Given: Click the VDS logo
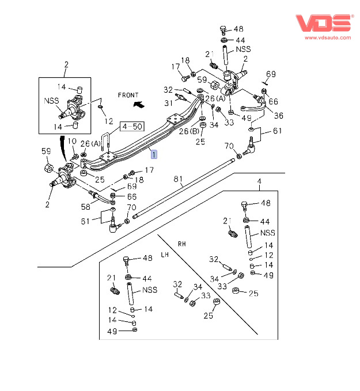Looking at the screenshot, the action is coord(324,23).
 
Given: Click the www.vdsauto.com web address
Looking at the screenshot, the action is coord(328,37).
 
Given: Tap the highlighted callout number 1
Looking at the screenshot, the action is coord(154,154).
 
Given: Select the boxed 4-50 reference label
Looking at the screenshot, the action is coord(132,127).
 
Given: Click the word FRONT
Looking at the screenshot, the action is coord(128,95).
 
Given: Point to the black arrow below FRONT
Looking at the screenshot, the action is coord(139,104).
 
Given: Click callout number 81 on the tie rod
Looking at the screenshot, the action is coord(178,179).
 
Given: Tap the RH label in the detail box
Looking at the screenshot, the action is coord(182,244).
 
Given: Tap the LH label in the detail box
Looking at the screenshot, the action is coord(165,255).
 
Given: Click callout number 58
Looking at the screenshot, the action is coord(85,207).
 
